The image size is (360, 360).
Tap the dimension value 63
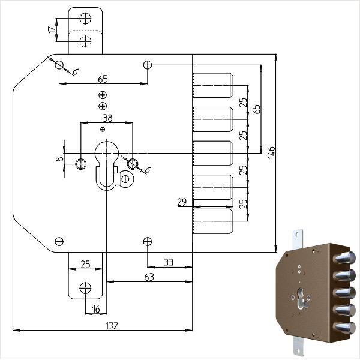tap(148, 277)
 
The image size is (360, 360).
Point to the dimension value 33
tap(168, 262)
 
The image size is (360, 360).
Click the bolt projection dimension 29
tap(182, 202)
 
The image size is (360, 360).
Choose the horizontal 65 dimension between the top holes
tap(103, 79)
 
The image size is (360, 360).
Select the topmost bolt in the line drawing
tap(213, 85)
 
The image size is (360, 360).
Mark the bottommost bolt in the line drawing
tap(213, 221)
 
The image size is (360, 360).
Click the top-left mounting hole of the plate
tap(59, 64)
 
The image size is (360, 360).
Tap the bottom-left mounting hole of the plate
tap(59, 241)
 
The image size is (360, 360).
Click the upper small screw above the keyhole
tap(103, 95)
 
